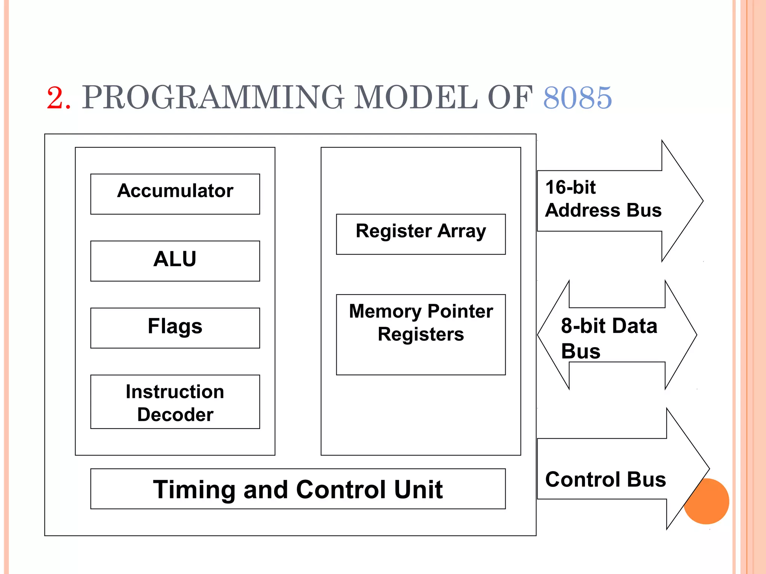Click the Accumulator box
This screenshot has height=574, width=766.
175,194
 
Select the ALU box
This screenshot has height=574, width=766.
175,261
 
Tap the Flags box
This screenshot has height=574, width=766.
175,328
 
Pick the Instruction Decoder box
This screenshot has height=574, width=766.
175,402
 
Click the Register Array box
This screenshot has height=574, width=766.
421,234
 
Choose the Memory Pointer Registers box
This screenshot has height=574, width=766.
421,334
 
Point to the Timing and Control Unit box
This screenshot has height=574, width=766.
298,489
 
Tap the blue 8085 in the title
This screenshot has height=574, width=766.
577,98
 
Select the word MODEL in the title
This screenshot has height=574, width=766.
415,98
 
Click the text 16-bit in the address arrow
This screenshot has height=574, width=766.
570,187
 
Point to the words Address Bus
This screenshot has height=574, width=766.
603,210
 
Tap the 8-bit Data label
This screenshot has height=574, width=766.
609,326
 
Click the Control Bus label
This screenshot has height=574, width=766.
605,479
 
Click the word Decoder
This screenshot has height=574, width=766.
175,415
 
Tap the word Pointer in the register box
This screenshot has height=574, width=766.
460,311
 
